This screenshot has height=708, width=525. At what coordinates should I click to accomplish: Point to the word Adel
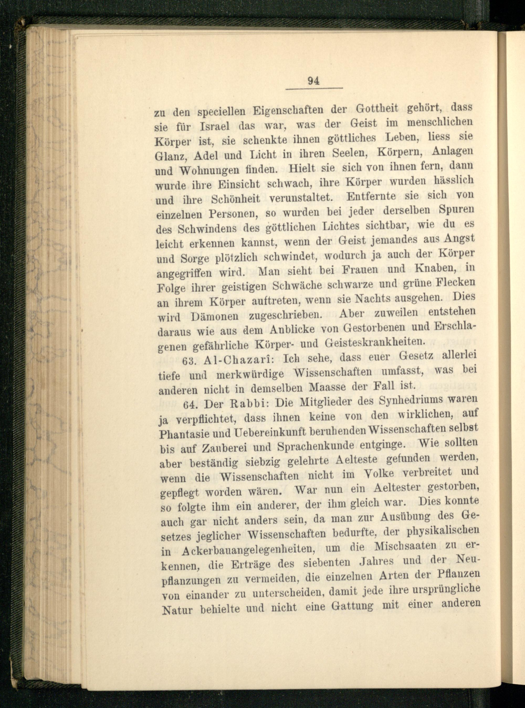click(x=207, y=155)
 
